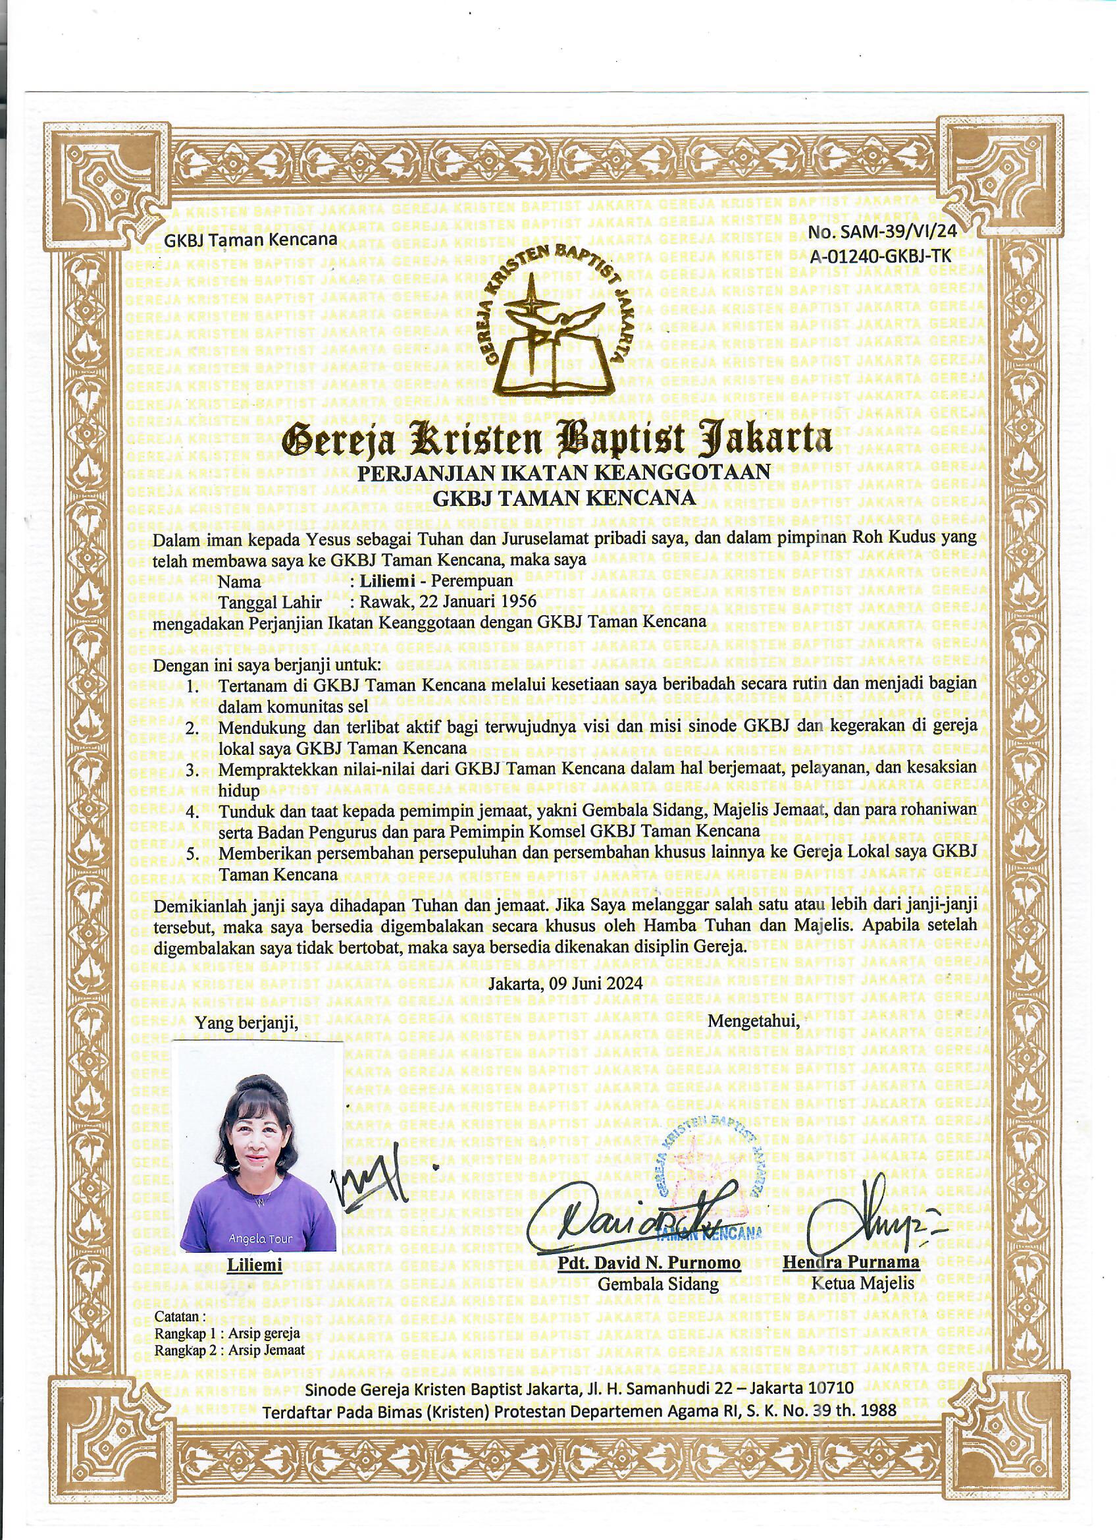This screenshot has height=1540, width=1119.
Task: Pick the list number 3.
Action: click(192, 771)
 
